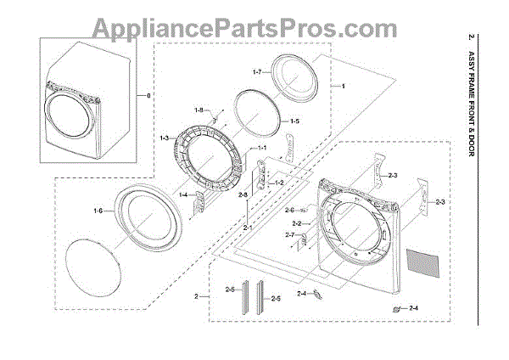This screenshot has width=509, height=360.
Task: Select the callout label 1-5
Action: (294, 122)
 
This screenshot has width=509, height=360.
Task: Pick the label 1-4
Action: (184, 194)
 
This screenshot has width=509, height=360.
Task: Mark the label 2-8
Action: (243, 195)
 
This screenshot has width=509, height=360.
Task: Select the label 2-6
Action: (289, 210)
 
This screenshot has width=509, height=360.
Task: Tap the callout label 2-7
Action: (289, 234)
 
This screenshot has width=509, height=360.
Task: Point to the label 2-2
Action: (297, 222)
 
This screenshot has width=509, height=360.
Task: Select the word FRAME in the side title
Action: (473, 89)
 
